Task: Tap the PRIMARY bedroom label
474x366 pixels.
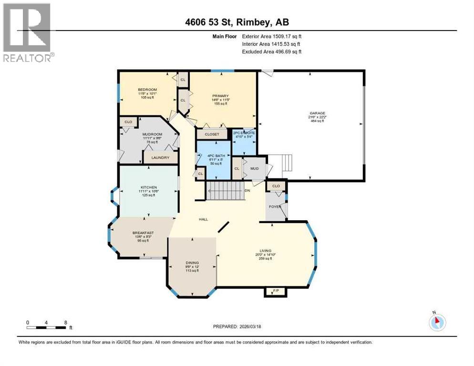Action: pos(220,96)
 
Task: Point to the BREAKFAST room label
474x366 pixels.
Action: pos(141,233)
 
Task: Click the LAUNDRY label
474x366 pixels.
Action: pos(160,157)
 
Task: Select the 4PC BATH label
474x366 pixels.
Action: pos(213,156)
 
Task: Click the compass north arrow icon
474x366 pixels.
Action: pos(436,322)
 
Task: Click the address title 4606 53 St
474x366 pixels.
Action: pos(237,22)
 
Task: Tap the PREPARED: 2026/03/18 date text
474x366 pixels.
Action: pos(237,326)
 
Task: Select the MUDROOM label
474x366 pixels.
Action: pos(153,134)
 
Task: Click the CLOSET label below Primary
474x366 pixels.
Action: pos(211,134)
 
